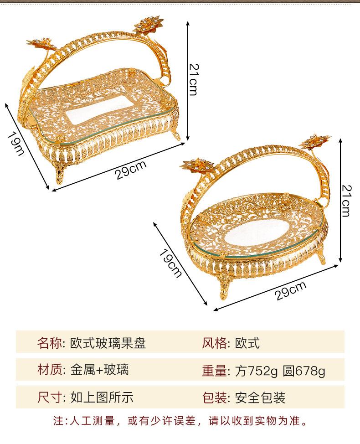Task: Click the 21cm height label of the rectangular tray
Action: (x=193, y=78)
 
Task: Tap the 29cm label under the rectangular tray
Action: (x=131, y=170)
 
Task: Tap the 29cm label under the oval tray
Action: (x=291, y=291)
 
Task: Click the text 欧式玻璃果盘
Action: (x=108, y=343)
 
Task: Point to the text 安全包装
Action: (x=260, y=397)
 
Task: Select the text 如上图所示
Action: (x=102, y=397)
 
